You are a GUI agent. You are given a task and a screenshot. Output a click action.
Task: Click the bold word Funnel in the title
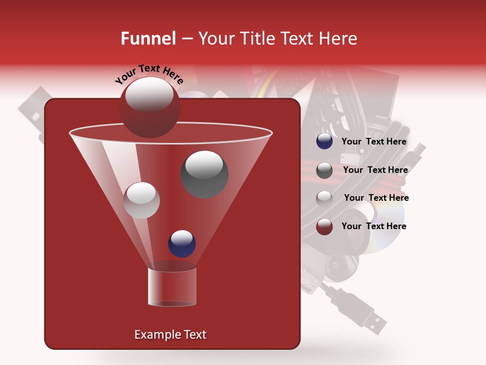[x=148, y=39]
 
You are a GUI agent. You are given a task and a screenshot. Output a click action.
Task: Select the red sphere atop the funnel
[x=149, y=107]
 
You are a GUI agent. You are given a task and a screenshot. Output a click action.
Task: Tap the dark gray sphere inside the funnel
[x=204, y=174]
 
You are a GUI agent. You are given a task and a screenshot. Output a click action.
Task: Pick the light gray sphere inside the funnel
[x=141, y=200]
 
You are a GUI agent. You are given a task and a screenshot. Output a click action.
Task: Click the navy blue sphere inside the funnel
[x=182, y=243]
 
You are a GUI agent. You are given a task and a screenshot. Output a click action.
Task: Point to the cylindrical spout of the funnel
[x=172, y=286]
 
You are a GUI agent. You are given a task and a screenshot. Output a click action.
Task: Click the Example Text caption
[x=170, y=335]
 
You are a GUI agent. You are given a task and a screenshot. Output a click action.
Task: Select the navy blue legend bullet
[x=324, y=141]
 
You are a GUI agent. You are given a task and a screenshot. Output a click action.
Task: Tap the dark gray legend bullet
[x=324, y=170]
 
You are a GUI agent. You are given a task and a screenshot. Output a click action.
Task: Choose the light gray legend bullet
[x=324, y=198]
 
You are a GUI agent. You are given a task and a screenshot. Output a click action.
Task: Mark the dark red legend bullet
[x=324, y=227]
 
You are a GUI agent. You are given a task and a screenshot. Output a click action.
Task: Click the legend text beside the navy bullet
[x=374, y=142]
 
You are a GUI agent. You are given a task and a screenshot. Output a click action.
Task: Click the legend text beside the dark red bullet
[x=374, y=226]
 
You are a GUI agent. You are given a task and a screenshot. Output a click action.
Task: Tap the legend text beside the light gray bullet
[x=376, y=198]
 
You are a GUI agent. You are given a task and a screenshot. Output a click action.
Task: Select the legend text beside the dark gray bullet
[x=375, y=170]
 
